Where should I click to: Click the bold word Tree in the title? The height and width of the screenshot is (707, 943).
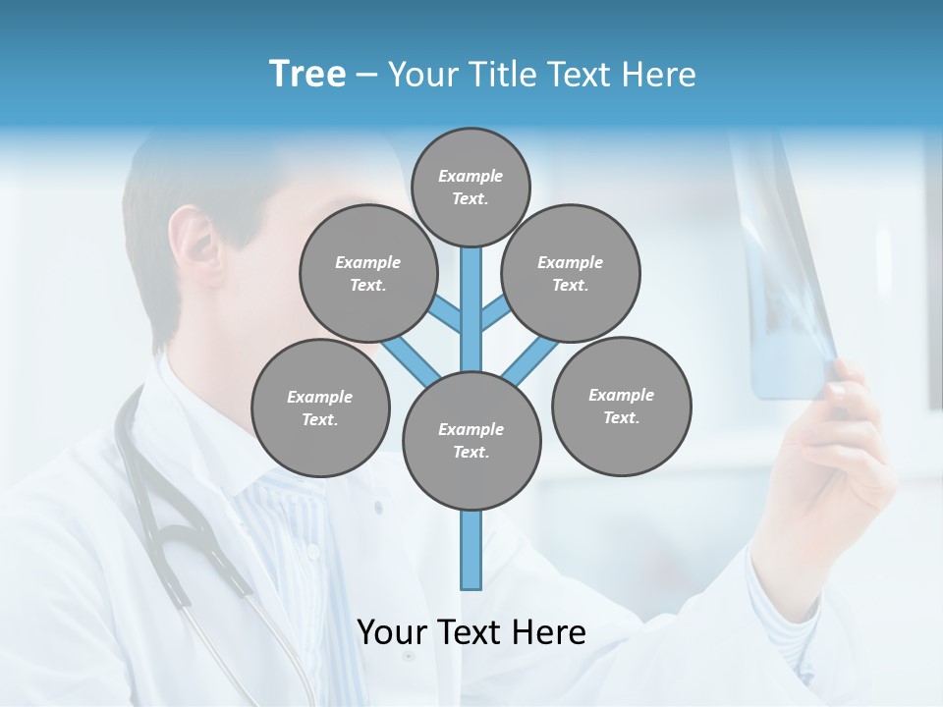[x=307, y=74]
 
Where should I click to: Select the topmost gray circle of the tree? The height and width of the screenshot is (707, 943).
[x=471, y=186]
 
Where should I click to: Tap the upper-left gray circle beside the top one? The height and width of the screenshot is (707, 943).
[x=367, y=273]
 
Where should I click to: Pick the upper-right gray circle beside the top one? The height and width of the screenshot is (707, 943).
[x=570, y=273]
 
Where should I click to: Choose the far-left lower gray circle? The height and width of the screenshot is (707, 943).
[x=320, y=408]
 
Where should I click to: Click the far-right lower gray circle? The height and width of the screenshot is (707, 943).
[x=621, y=406]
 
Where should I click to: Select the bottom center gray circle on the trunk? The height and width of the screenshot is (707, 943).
[x=471, y=441]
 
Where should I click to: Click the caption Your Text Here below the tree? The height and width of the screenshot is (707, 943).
[x=471, y=631]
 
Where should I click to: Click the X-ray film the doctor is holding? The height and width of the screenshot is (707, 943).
[x=786, y=275]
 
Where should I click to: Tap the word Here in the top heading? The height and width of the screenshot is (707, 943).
[x=661, y=75]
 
